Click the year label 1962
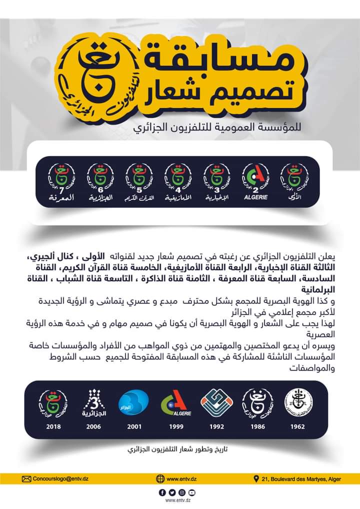pyautogui.click(x=297, y=426)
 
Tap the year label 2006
pyautogui.click(x=93, y=426)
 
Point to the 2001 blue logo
pyautogui.click(x=133, y=403)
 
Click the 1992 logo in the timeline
pyautogui.click(x=215, y=403)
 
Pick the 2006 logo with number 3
pyautogui.click(x=93, y=403)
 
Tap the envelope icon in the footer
pyautogui.click(x=26, y=478)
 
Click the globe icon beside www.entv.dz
pyautogui.click(x=160, y=478)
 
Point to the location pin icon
pyautogui.click(x=256, y=478)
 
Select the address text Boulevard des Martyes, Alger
pyautogui.click(x=301, y=478)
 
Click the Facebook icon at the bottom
pyautogui.click(x=161, y=492)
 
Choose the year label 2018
pyautogui.click(x=53, y=426)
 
